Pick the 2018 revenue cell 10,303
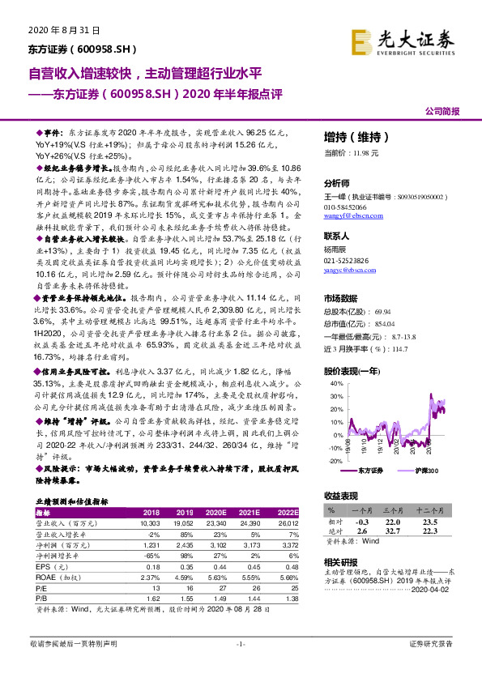(x=151, y=523)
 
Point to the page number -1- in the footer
(x=241, y=643)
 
